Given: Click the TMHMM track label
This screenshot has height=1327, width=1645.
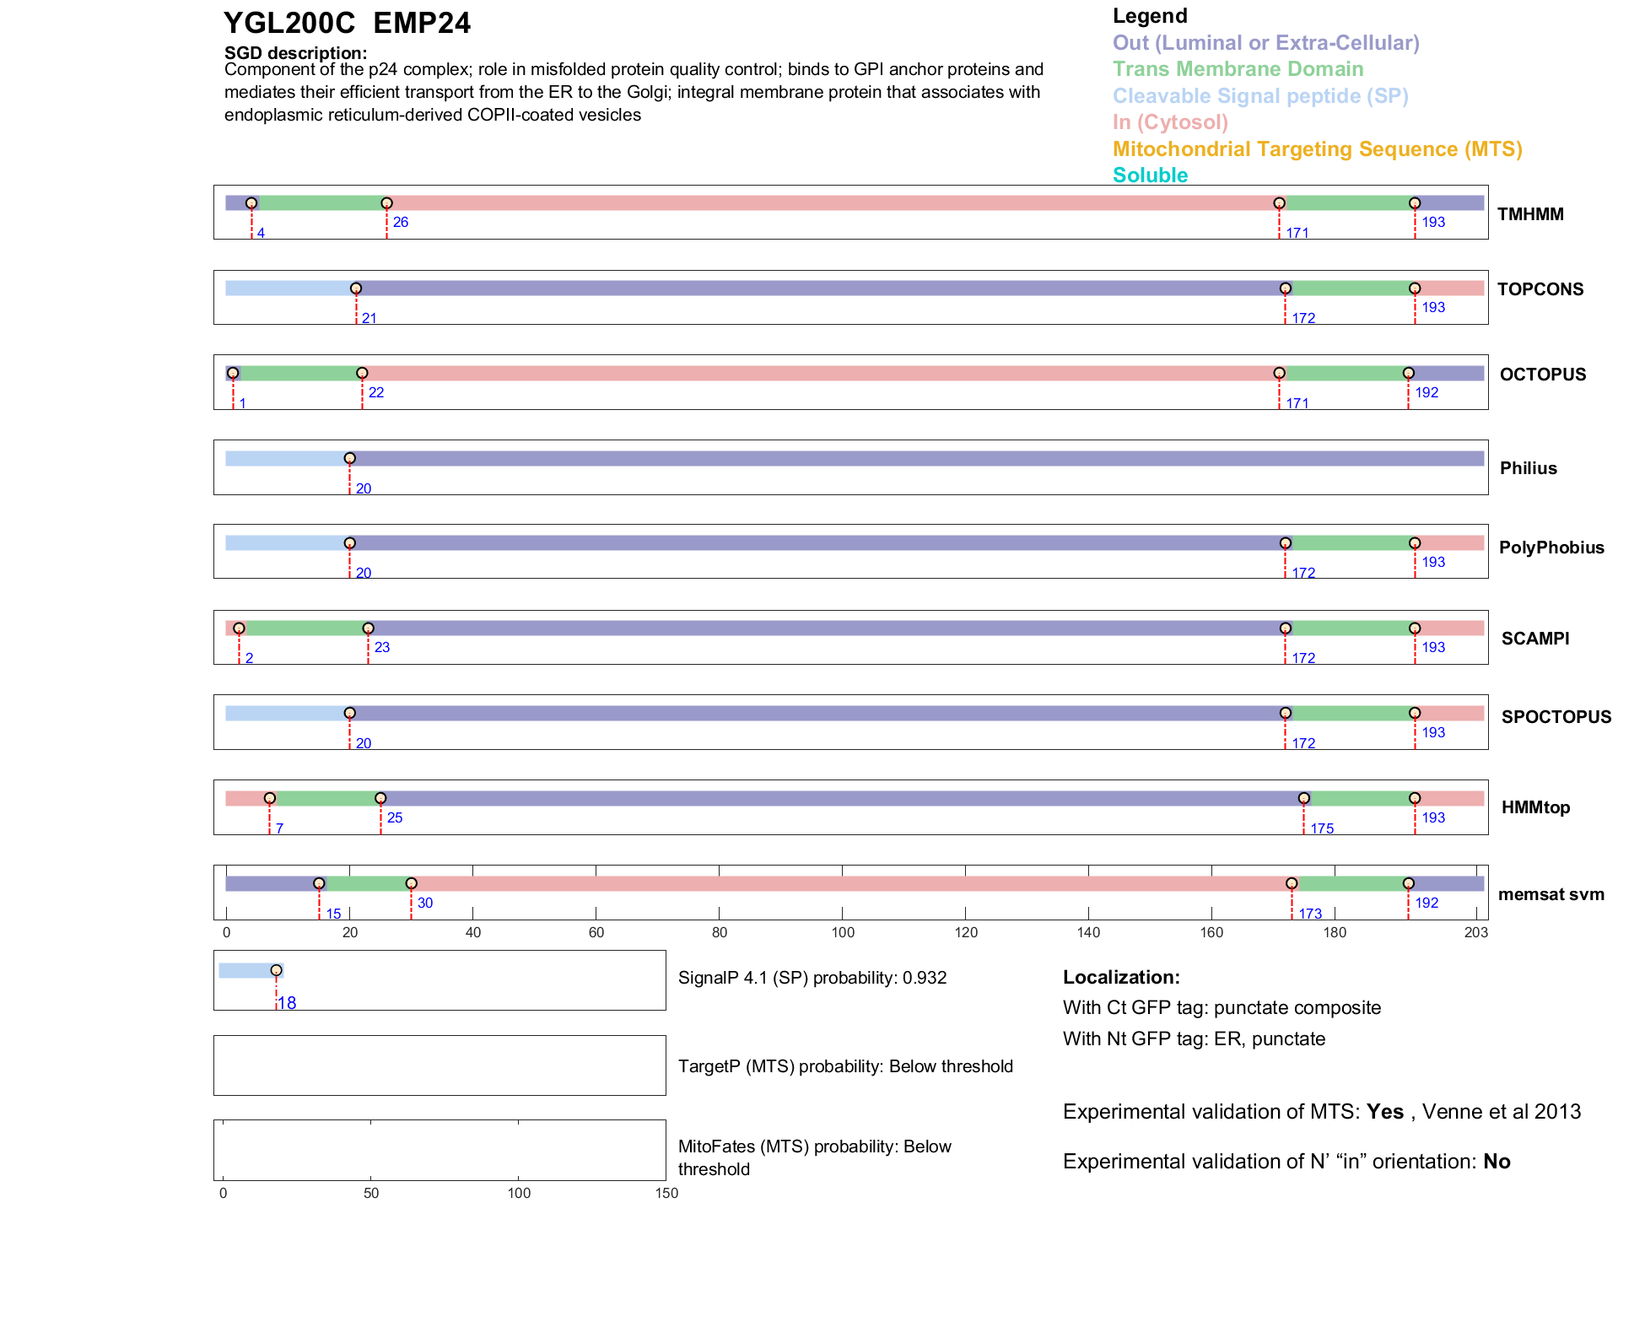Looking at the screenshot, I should pyautogui.click(x=1529, y=214).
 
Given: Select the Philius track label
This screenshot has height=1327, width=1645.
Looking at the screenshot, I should pyautogui.click(x=1528, y=468).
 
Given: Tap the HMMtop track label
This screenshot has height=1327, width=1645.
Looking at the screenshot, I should pyautogui.click(x=1535, y=807).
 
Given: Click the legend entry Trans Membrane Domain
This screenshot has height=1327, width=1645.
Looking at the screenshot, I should pyautogui.click(x=1238, y=69).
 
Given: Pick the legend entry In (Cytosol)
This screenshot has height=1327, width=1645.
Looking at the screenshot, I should pyautogui.click(x=1169, y=122).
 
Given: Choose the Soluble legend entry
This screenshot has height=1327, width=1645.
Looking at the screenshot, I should pyautogui.click(x=1150, y=175).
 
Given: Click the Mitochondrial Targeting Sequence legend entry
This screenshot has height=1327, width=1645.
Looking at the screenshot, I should pyautogui.click(x=1317, y=149).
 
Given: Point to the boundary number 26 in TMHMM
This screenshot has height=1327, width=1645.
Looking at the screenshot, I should pyautogui.click(x=401, y=222).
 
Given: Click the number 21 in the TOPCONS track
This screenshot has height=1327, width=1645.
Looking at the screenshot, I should pyautogui.click(x=369, y=318).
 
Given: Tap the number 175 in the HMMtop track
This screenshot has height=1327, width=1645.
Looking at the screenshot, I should pyautogui.click(x=1322, y=828).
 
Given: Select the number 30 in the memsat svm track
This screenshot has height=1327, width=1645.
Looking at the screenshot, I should pyautogui.click(x=425, y=903).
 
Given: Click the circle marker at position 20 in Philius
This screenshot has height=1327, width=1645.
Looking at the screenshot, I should pyautogui.click(x=350, y=458).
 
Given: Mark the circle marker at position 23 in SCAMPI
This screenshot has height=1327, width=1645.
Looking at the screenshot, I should pyautogui.click(x=368, y=628).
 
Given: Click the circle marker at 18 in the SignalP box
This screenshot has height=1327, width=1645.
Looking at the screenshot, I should pyautogui.click(x=276, y=970).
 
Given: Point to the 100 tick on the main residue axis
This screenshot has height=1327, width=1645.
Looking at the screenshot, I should pyautogui.click(x=843, y=932).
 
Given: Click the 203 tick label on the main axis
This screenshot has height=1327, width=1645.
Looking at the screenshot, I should pyautogui.click(x=1476, y=932).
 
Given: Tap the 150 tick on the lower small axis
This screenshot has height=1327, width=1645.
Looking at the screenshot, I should pyautogui.click(x=666, y=1193).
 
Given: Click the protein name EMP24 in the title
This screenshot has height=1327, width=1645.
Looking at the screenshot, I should pyautogui.click(x=422, y=24).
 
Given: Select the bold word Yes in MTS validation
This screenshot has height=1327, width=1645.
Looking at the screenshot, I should pyautogui.click(x=1385, y=1112).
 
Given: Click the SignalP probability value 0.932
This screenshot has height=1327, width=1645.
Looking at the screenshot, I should pyautogui.click(x=925, y=978).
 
